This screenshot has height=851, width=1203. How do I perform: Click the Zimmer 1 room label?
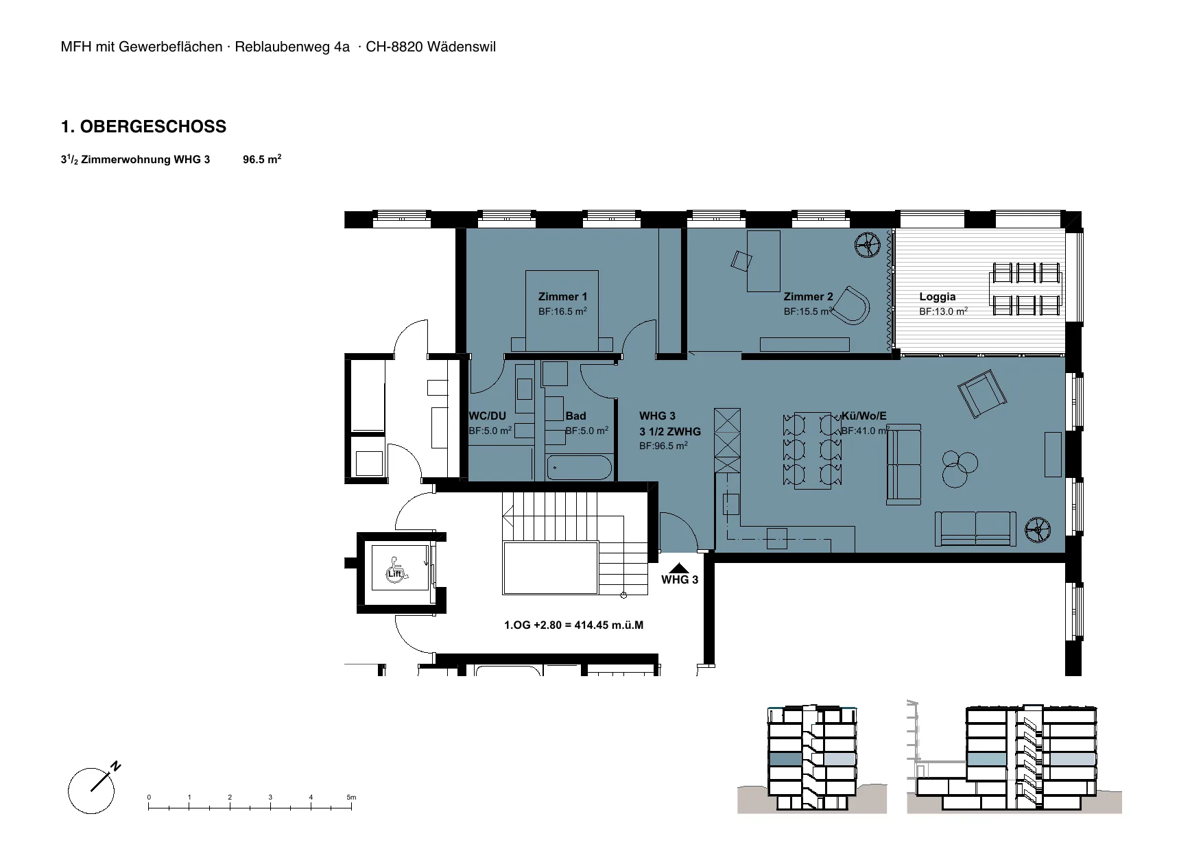[562, 297]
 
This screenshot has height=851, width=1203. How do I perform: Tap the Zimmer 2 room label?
[808, 297]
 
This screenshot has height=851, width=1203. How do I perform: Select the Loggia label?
[937, 297]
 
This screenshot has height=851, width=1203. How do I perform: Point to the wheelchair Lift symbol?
[395, 571]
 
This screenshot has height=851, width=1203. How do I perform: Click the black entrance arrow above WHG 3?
[679, 568]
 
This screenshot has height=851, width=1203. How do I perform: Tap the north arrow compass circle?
[91, 791]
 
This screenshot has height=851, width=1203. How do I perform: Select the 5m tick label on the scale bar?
[351, 798]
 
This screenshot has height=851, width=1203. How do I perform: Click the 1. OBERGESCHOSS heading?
[143, 127]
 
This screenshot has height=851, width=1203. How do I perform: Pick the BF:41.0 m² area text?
[865, 431]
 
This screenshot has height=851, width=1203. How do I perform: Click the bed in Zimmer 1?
[562, 311]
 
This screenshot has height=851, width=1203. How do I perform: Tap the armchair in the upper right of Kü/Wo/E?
[982, 394]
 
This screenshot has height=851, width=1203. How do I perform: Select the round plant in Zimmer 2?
[868, 245]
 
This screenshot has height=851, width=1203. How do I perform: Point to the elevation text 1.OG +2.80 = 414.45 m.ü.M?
[573, 625]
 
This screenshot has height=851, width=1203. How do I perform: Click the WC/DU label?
[487, 416]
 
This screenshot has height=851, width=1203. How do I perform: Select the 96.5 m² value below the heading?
[262, 160]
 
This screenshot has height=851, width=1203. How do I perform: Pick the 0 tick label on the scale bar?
[149, 798]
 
